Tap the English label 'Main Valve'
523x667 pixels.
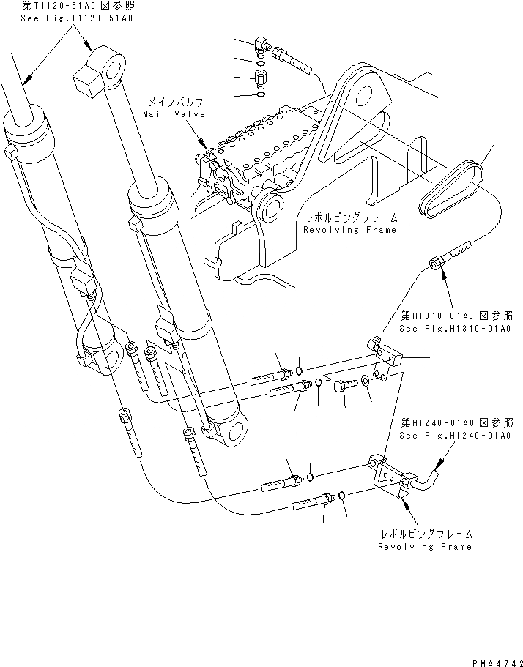[174, 114]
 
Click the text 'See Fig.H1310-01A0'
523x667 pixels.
[455, 329]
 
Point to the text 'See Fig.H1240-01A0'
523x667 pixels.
[455, 436]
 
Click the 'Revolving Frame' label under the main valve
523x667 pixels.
[350, 229]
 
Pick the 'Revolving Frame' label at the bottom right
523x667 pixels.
[425, 546]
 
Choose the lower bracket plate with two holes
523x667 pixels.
[387, 476]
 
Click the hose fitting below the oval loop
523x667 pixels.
[448, 258]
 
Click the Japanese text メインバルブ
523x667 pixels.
[174, 103]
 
